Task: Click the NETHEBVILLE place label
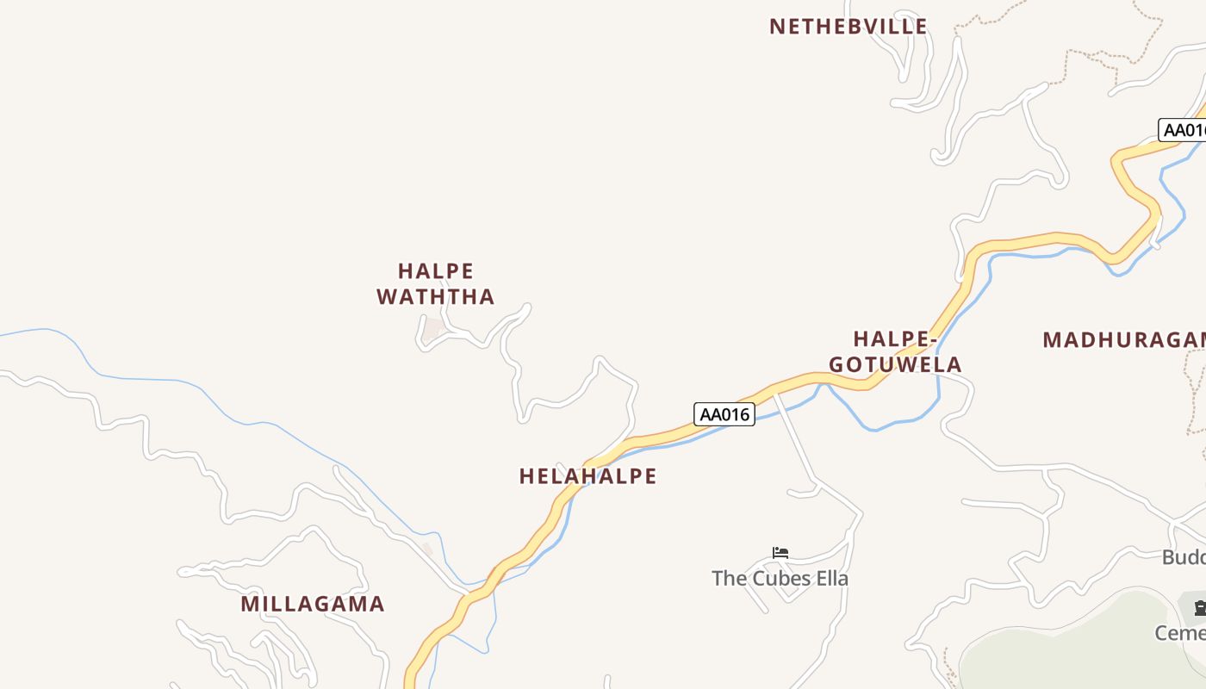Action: (x=848, y=27)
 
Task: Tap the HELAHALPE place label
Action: (x=587, y=476)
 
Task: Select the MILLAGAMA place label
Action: (x=313, y=604)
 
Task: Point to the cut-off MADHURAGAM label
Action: (x=1123, y=340)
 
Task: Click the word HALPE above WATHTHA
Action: (x=436, y=271)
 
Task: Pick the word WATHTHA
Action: (x=436, y=297)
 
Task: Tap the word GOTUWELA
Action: (x=895, y=365)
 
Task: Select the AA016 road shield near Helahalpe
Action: (x=724, y=414)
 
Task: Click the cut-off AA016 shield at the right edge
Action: (x=1184, y=130)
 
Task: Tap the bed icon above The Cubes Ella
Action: (x=780, y=553)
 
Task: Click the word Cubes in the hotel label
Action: (x=781, y=579)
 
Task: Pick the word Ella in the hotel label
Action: (x=832, y=579)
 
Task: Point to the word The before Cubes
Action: (x=729, y=579)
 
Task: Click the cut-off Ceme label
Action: (x=1180, y=634)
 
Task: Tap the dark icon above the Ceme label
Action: (x=1198, y=609)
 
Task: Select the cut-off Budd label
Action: (x=1184, y=557)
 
